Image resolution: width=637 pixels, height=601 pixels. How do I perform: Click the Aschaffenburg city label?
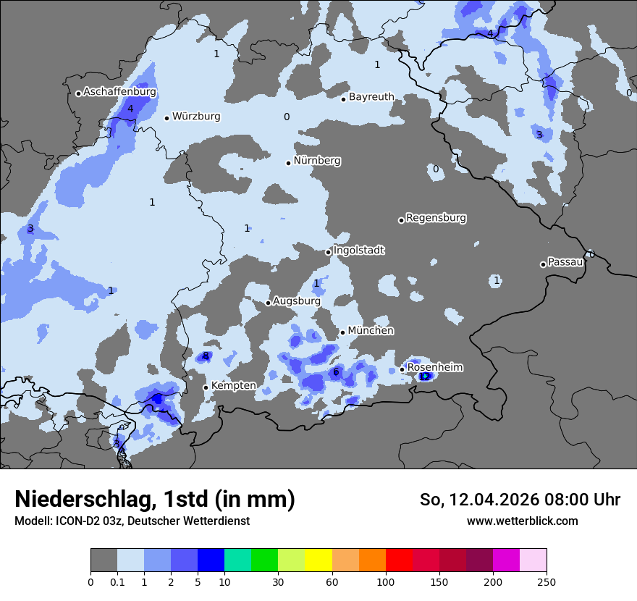point(119,92)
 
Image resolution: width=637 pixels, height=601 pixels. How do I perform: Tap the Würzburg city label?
point(196,117)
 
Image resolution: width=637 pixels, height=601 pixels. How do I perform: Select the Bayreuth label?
point(371,97)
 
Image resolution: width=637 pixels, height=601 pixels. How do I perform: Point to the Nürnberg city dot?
point(288,163)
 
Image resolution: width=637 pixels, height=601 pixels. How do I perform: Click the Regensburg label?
point(436,218)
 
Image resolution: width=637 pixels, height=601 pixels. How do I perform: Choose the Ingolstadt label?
point(359,251)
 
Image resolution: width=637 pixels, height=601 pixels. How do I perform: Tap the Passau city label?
point(565,262)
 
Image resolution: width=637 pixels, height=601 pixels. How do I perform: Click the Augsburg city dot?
point(268,303)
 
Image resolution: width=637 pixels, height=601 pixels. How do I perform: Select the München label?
point(371,331)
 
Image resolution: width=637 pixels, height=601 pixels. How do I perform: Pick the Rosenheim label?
point(435,368)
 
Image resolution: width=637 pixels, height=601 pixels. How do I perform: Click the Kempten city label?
point(233,386)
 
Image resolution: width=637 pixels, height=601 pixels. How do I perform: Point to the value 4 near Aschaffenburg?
point(130,109)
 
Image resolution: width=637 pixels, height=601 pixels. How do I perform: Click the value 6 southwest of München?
point(336,372)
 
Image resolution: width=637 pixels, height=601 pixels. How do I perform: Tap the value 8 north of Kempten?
point(206,356)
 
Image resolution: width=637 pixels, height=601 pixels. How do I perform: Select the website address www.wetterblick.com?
point(522,521)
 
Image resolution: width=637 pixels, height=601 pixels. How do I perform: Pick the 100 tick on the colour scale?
point(386,581)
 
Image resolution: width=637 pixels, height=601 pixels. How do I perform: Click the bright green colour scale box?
point(264,560)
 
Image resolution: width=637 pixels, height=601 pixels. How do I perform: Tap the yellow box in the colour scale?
point(318,560)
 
